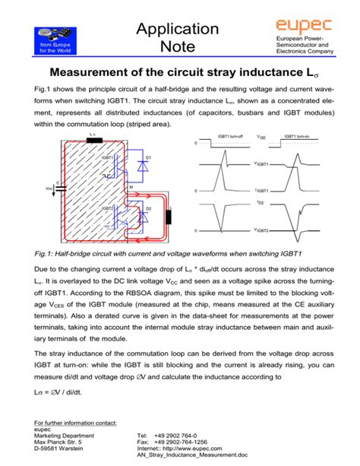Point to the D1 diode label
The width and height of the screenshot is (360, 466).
coord(150,157)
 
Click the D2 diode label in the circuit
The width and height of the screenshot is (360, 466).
coord(149,207)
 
